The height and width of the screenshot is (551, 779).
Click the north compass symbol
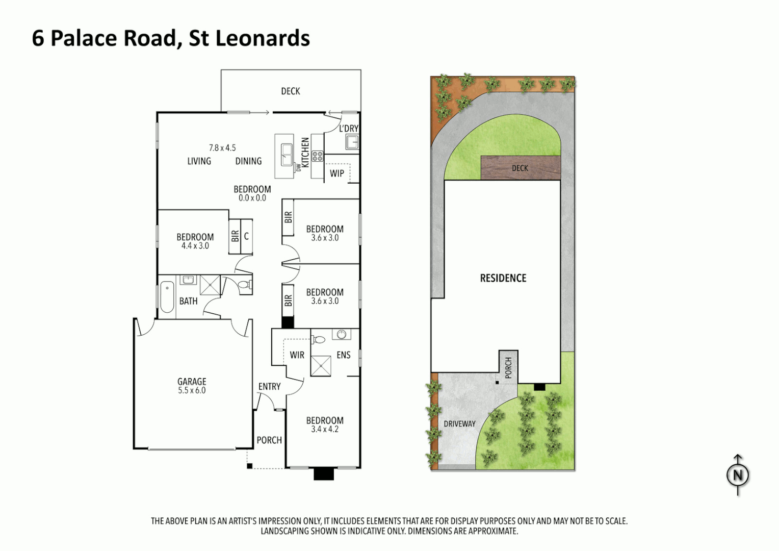click(737, 475)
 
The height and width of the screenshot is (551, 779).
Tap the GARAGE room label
click(192, 382)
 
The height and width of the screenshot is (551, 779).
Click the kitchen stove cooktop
click(318, 156)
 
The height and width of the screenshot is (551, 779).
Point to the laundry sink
click(352, 142)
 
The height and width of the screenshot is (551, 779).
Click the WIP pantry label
click(336, 173)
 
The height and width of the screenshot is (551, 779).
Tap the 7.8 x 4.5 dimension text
click(222, 148)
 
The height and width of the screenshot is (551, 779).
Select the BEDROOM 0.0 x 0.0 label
click(252, 193)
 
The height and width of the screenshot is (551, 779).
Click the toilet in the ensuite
click(319, 339)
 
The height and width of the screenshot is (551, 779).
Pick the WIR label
click(297, 355)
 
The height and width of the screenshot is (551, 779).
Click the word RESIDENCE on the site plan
click(503, 278)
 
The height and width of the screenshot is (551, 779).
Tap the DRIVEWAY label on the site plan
click(459, 424)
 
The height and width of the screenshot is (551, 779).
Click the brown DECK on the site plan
click(520, 168)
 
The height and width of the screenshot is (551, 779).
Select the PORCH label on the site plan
click(508, 367)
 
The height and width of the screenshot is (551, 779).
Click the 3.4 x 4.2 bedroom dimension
click(325, 430)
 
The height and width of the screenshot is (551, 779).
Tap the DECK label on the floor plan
click(290, 91)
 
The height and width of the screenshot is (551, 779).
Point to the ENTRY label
click(269, 387)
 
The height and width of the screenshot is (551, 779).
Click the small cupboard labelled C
click(246, 236)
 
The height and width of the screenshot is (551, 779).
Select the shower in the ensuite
click(321, 365)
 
